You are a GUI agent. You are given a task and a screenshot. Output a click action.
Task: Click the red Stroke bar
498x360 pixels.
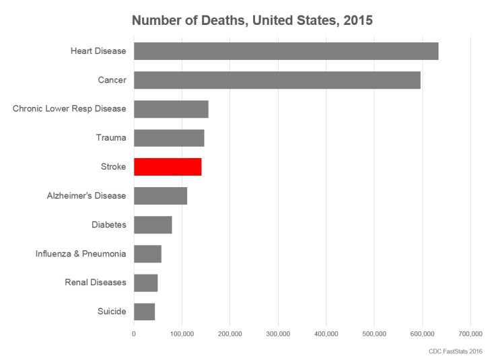(x=168, y=166)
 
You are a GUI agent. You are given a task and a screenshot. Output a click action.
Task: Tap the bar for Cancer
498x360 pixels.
(x=277, y=80)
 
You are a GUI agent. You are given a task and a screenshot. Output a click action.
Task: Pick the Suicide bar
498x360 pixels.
(x=145, y=312)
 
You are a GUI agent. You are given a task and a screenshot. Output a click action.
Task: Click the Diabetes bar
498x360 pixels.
(x=153, y=225)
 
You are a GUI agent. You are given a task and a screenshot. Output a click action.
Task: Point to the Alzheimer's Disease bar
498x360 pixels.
(x=160, y=196)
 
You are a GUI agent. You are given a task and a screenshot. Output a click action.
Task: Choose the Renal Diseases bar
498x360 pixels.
(x=146, y=283)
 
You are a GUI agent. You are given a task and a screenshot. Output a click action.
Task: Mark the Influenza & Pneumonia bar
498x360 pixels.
(x=148, y=254)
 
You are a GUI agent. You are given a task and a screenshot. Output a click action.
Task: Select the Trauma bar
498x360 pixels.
(x=169, y=137)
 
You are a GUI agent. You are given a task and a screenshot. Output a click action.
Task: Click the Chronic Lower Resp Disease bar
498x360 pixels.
(x=171, y=109)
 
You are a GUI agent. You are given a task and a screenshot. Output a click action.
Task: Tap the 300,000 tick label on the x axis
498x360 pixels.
(x=278, y=334)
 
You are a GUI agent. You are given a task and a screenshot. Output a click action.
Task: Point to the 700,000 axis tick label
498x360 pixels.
(x=470, y=334)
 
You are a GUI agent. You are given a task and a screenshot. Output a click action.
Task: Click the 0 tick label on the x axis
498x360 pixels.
(x=134, y=334)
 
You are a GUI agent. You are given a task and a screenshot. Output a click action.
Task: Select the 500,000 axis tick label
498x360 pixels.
(x=374, y=334)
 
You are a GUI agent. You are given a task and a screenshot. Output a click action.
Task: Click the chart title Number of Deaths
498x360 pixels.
(x=252, y=20)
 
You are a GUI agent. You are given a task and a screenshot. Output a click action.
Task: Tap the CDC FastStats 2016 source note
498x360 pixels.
(x=456, y=351)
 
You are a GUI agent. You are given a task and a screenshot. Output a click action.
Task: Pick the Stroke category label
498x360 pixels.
(x=113, y=166)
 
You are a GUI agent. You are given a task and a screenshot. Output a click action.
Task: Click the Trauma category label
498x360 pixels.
(x=111, y=138)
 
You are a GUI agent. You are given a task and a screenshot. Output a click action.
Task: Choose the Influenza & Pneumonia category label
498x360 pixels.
(x=81, y=254)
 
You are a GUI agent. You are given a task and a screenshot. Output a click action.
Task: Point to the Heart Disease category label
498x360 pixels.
(x=98, y=51)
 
